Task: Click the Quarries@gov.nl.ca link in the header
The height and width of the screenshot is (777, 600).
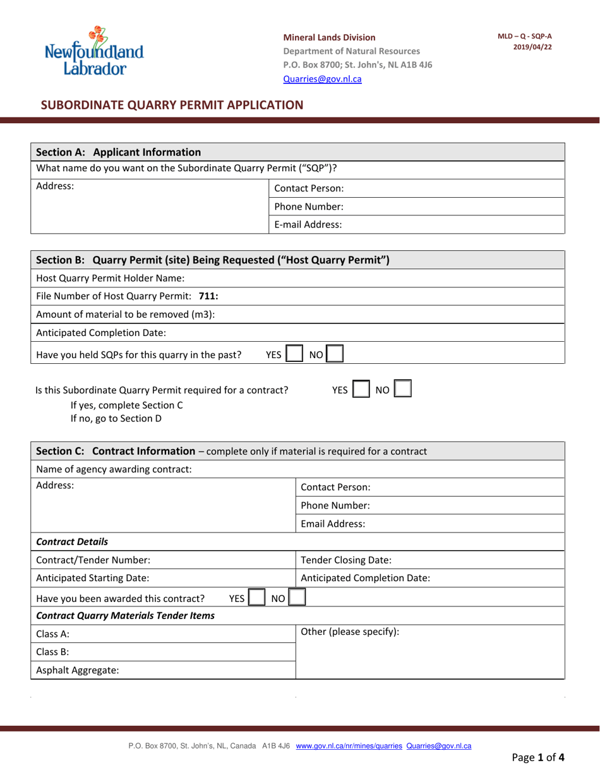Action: coord(322,79)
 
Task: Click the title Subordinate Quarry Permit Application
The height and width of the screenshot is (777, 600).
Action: coord(172,105)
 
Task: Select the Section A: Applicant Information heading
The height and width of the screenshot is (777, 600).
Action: coord(119,152)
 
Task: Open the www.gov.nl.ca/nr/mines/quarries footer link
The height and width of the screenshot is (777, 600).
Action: coord(349,746)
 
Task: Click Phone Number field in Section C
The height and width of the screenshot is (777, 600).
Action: coord(429,505)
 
